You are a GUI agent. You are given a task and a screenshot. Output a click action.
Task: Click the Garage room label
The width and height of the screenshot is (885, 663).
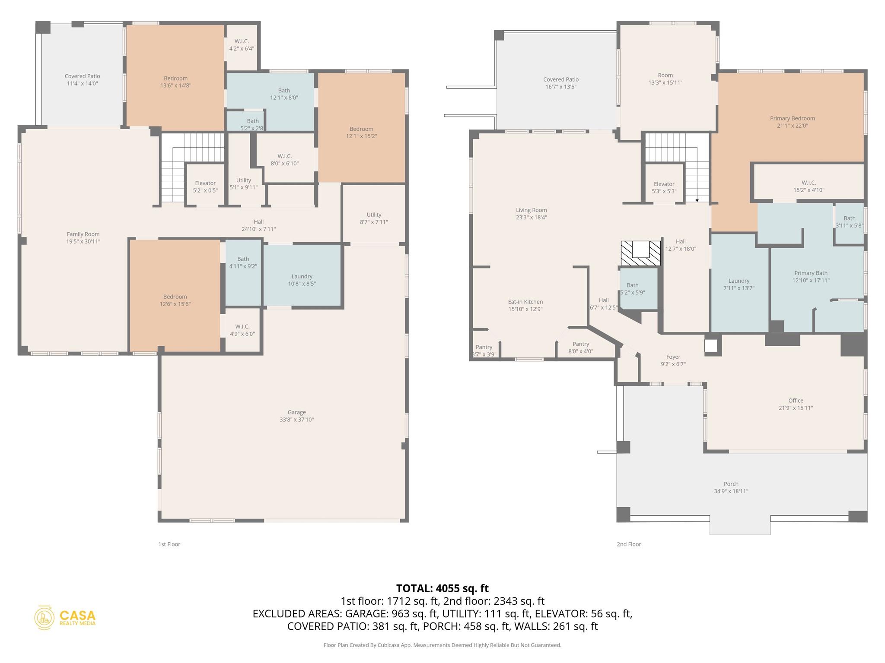click(x=296, y=413)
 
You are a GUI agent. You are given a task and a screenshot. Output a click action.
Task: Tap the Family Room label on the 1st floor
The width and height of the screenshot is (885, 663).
click(x=83, y=234)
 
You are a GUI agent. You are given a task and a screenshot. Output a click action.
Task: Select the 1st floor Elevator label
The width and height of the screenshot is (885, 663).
click(x=205, y=183)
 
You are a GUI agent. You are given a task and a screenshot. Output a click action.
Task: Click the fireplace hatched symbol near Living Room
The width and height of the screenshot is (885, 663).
click(x=641, y=253)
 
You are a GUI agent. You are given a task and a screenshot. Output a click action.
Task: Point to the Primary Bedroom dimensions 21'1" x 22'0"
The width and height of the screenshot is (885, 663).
click(x=792, y=126)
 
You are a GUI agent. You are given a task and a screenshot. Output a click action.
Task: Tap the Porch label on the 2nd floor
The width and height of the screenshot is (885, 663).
click(x=731, y=484)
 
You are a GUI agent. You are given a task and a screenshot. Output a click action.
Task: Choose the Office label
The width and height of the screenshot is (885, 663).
click(x=796, y=401)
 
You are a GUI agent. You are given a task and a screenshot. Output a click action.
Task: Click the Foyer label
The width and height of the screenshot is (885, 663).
click(x=673, y=357)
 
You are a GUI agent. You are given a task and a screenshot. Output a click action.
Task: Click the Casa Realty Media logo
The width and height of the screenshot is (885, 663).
click(x=65, y=617)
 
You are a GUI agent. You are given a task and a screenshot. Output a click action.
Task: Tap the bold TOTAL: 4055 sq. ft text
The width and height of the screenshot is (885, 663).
click(x=442, y=588)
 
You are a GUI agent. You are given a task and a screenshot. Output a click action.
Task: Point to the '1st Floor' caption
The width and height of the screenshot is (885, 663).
click(x=169, y=544)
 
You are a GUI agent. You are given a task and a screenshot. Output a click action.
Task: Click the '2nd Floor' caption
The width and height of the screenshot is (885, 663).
click(x=629, y=544)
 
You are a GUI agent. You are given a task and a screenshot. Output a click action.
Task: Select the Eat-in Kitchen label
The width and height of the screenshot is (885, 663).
click(x=525, y=302)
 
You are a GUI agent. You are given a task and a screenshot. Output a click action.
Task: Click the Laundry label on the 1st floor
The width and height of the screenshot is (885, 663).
click(x=302, y=276)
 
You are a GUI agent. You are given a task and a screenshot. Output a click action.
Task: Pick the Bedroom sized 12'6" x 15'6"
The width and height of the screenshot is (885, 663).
click(x=175, y=300)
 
